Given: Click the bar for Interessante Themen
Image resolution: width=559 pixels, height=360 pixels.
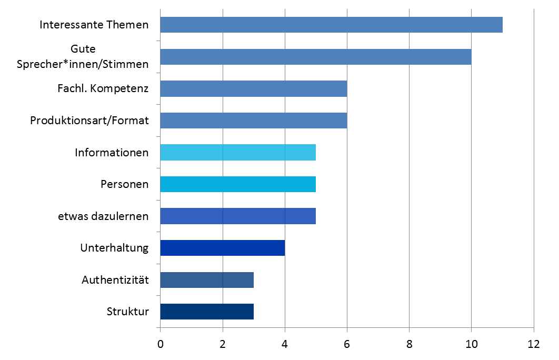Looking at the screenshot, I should (331, 25).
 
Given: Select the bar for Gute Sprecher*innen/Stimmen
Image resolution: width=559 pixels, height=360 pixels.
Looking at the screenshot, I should (316, 57).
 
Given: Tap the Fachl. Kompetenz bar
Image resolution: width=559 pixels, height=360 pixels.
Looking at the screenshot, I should (253, 89).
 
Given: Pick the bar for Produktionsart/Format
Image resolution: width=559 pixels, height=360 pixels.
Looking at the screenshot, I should (253, 121).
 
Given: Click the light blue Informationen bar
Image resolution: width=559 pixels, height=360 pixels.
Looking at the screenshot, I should (238, 153).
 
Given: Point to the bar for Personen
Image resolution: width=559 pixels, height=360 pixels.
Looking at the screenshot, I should (238, 184).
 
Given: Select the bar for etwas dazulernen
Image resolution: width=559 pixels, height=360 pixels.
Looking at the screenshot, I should (238, 216).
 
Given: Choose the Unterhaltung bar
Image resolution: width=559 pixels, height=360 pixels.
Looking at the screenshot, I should (222, 248).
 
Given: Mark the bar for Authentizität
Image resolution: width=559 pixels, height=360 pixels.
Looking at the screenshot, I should (207, 279).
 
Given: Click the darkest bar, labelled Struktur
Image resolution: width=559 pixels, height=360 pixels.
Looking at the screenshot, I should (207, 312).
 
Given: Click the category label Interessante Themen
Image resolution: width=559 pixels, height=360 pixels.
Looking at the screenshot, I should (94, 25).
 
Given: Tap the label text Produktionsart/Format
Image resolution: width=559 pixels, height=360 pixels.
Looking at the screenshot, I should (89, 121).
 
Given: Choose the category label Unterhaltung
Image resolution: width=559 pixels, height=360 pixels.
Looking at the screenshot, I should (114, 248).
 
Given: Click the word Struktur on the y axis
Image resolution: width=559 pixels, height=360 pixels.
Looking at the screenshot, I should (127, 312).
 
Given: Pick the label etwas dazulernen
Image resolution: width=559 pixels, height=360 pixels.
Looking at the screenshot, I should (103, 216).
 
